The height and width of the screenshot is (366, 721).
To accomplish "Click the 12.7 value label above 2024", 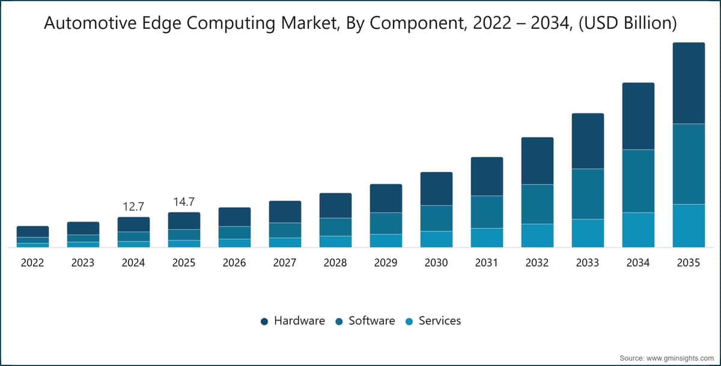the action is click(x=133, y=206).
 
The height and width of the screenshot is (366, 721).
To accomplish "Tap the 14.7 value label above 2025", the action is click(x=184, y=202).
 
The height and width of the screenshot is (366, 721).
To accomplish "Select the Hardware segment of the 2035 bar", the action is click(x=689, y=83).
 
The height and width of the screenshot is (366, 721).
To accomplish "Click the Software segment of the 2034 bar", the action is click(x=638, y=181).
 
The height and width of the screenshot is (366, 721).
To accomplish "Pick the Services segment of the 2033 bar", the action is click(x=588, y=233).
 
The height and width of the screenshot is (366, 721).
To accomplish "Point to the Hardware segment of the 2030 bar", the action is click(x=436, y=188).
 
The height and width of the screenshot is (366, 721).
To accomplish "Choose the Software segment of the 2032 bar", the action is click(x=538, y=204).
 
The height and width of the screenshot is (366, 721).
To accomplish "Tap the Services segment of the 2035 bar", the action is click(x=689, y=226).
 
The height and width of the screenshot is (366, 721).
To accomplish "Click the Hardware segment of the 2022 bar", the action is click(x=33, y=232).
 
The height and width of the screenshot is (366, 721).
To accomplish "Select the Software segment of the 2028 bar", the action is click(x=335, y=227).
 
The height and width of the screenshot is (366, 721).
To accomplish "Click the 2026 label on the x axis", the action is click(x=234, y=263).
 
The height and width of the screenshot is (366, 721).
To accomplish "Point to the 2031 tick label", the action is click(x=487, y=263).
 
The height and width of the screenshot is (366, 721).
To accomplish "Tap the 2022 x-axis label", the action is click(x=32, y=263).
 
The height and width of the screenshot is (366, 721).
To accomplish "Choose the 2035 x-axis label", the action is click(x=689, y=263).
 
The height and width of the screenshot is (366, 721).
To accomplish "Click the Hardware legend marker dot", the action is click(x=264, y=322).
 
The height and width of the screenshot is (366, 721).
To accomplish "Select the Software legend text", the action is click(x=372, y=320).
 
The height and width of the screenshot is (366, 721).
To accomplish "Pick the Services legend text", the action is click(x=440, y=320).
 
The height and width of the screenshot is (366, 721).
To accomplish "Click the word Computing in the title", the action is click(x=231, y=23).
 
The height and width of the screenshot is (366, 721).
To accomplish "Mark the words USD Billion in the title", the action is click(x=628, y=23).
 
